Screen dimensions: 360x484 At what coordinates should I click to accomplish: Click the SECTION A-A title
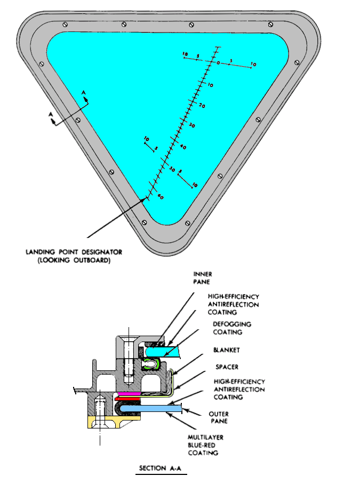160,468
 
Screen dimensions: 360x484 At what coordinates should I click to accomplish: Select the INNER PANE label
202,278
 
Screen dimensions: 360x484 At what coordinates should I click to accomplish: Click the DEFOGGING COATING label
232,328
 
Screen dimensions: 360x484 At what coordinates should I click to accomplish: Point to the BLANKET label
227,350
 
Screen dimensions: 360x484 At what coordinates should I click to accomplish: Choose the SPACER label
227,367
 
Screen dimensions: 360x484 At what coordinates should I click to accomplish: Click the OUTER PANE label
219,418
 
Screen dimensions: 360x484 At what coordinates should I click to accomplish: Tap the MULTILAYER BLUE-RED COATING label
205,445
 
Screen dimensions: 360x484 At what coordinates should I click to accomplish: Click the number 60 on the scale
161,196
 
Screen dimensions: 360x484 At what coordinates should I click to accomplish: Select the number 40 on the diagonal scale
183,147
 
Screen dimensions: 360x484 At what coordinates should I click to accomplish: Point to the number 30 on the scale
192,125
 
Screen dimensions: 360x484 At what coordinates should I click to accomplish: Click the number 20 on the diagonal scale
202,106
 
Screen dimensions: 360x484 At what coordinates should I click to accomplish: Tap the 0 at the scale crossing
218,63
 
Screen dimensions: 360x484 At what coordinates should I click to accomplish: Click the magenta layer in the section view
129,394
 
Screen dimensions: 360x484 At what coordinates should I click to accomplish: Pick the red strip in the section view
127,399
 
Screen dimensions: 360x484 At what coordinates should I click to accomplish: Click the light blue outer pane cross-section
150,409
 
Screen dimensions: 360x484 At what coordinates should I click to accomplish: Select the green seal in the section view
152,364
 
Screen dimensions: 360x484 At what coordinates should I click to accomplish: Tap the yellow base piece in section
114,422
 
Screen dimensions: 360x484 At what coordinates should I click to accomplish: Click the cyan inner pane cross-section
163,352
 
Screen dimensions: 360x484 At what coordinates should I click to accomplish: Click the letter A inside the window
84,92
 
